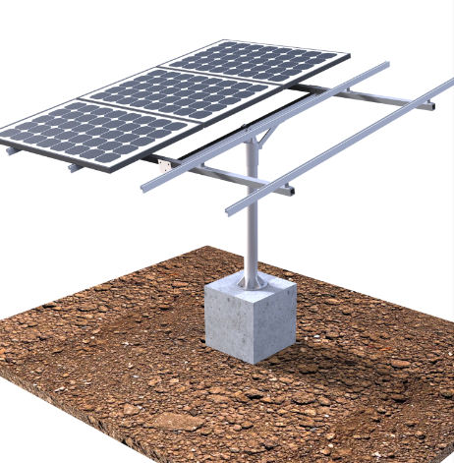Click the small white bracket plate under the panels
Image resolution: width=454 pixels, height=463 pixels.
[166, 166]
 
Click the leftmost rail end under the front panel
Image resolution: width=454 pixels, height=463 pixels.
[12, 150]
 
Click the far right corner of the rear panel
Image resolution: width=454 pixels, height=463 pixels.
[347, 55]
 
